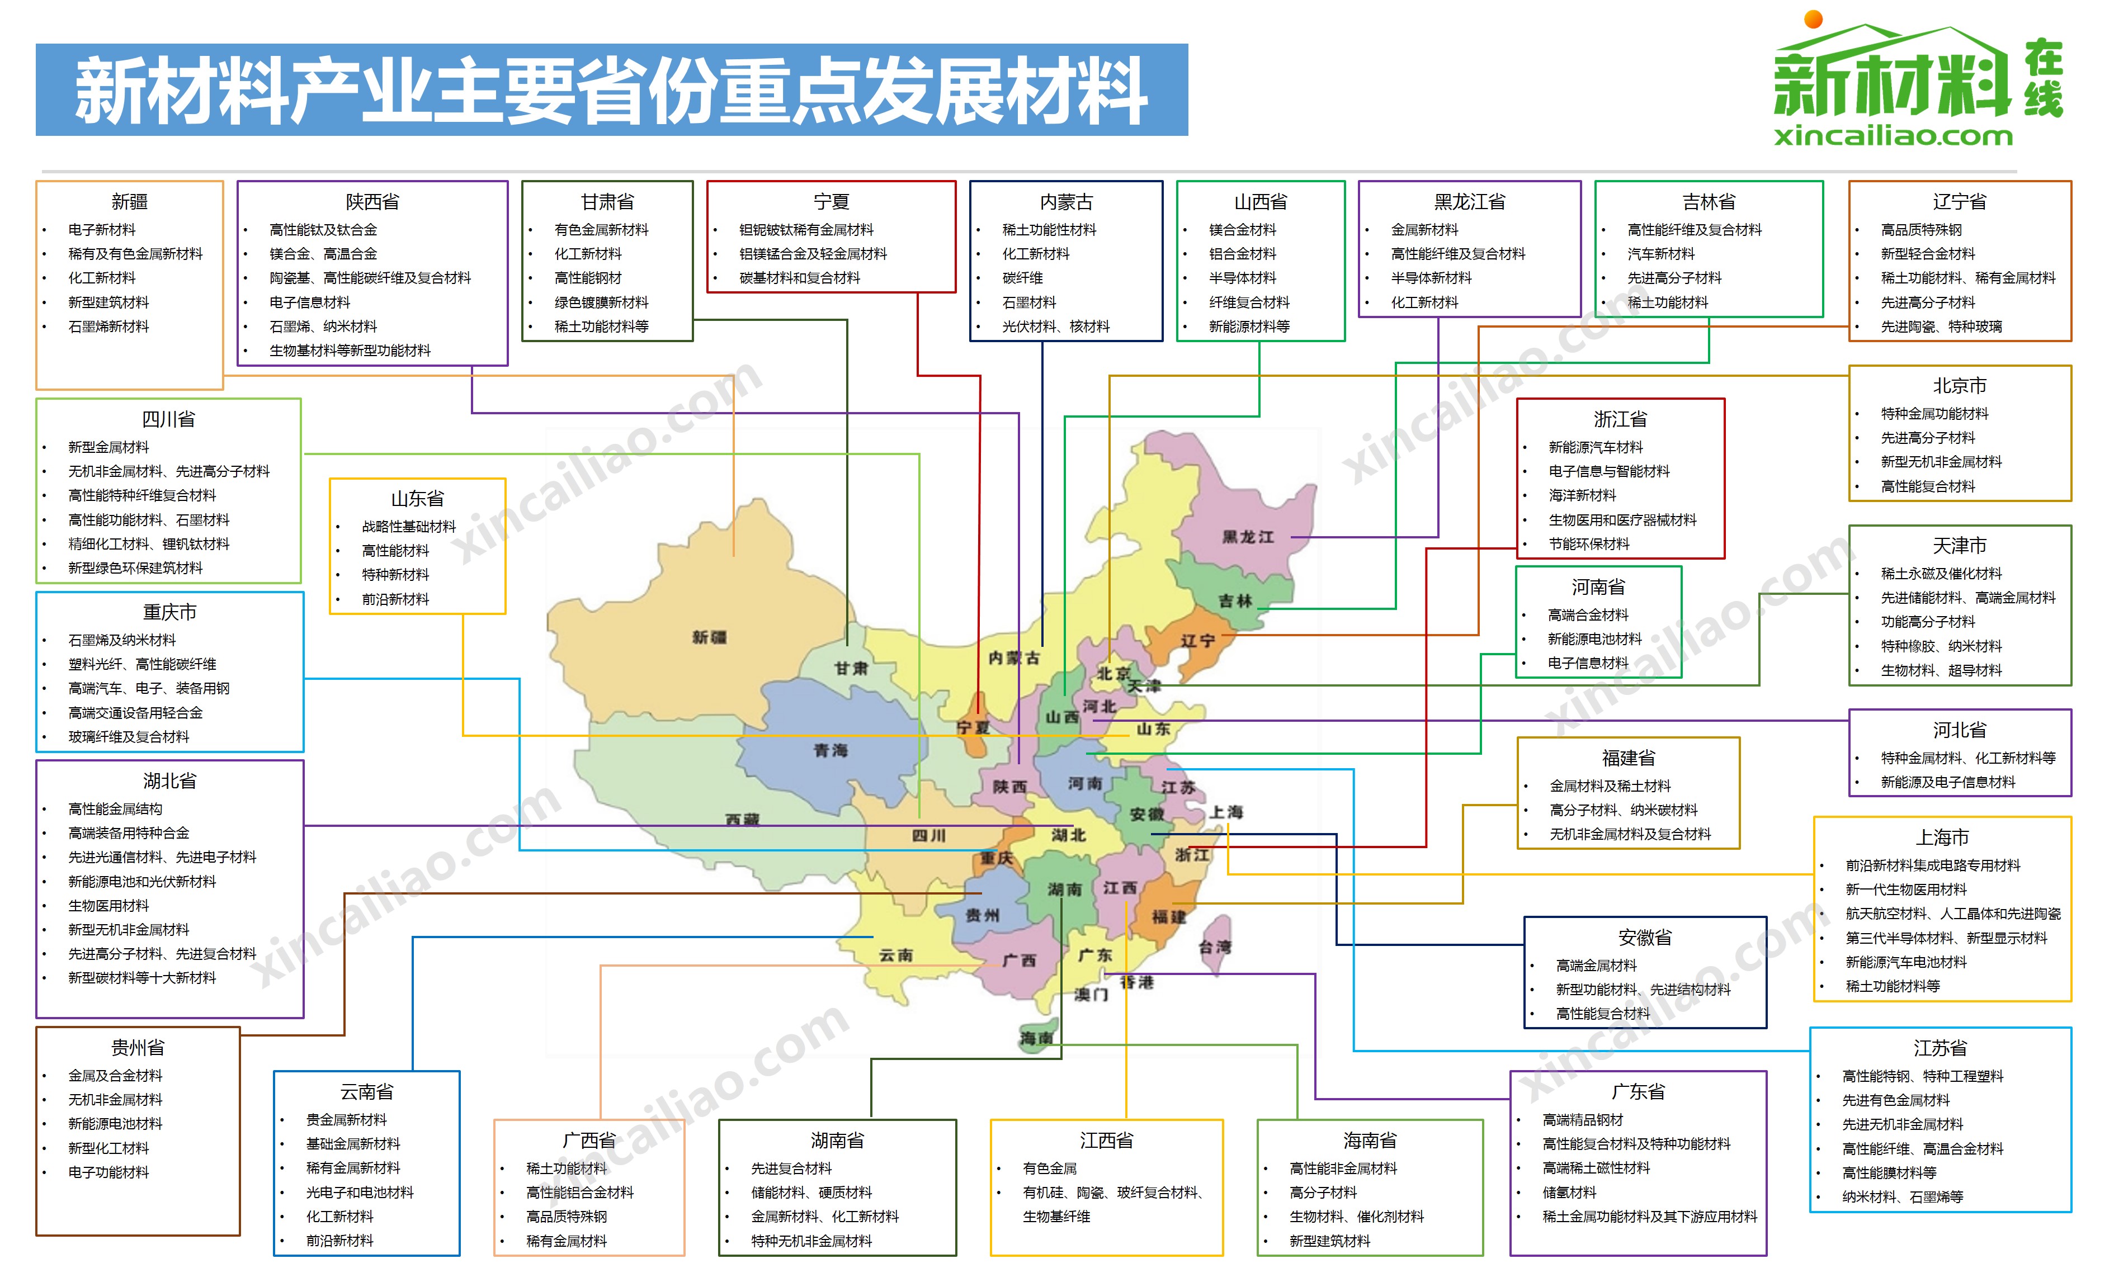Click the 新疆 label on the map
click(x=709, y=637)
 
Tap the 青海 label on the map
click(x=830, y=750)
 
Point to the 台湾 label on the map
click(x=1214, y=947)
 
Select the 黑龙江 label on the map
click(x=1248, y=537)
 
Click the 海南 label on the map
click(x=1036, y=1038)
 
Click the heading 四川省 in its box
click(x=168, y=419)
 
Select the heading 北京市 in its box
click(x=1959, y=385)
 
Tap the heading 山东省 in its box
click(x=417, y=498)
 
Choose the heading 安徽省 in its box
click(x=1645, y=938)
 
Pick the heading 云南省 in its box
click(x=366, y=1091)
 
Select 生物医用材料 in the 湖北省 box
click(x=108, y=906)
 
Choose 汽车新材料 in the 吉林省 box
click(x=1660, y=254)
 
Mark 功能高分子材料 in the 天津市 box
click(x=1928, y=622)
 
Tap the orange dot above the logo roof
click(x=1813, y=19)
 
